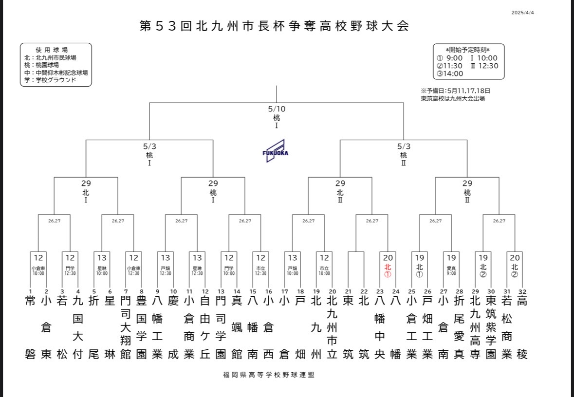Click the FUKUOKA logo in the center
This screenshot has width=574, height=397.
tap(275, 151)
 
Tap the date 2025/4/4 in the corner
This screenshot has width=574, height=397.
tap(523, 13)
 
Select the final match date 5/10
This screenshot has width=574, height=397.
tap(277, 109)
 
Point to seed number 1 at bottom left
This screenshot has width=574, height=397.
tap(30, 292)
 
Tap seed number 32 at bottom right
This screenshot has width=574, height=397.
tap(522, 292)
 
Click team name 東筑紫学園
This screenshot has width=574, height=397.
tap(491, 327)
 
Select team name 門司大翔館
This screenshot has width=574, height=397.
tap(125, 327)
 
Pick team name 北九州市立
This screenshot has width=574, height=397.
tap(332, 327)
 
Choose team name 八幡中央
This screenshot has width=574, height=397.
tap(380, 327)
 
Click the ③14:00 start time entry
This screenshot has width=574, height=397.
tap(450, 73)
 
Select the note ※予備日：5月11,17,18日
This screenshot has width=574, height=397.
tap(456, 90)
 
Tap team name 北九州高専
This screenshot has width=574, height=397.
tap(475, 327)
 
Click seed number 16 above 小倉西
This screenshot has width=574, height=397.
tap(268, 292)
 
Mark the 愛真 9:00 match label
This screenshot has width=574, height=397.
tap(451, 270)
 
